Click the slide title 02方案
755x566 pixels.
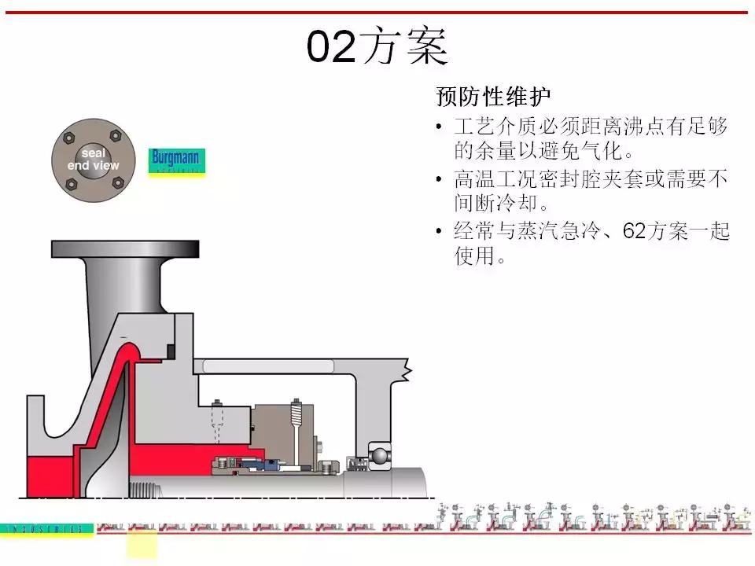tap(377, 47)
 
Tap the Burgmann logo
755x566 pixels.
tap(177, 160)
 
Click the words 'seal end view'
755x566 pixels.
tap(94, 160)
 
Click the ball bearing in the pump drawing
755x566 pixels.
tap(378, 454)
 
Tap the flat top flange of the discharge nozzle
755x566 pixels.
tap(126, 248)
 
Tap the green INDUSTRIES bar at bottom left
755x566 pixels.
tap(47, 529)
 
